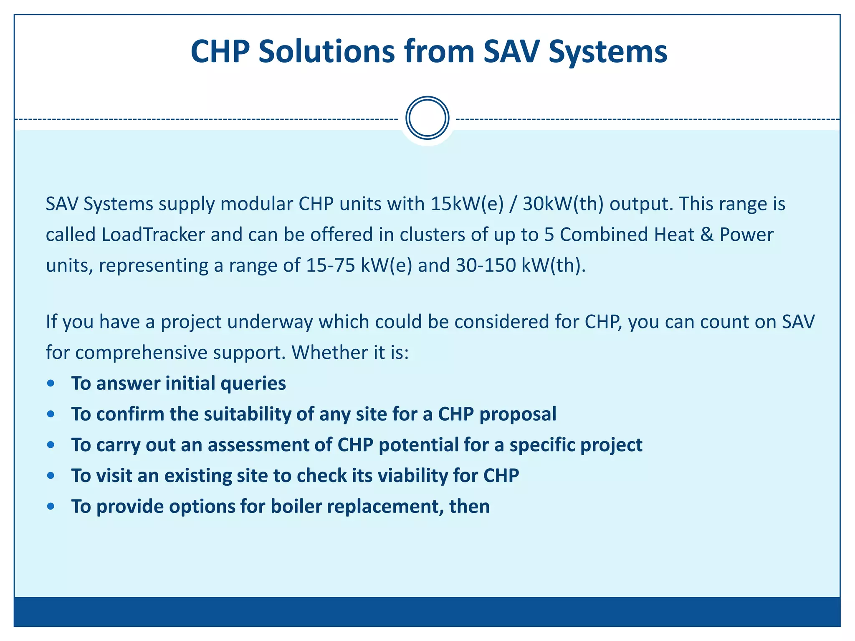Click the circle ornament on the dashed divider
427,118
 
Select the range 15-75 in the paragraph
330,265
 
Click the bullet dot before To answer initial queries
51,384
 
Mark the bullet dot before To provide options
51,507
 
